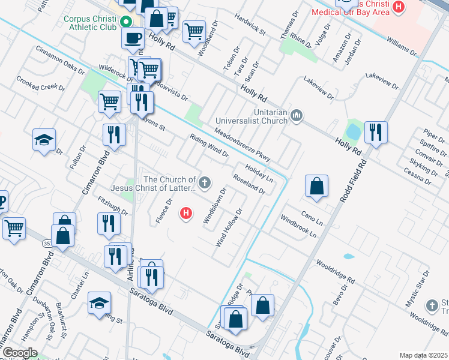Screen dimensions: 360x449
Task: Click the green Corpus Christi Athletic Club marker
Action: coord(126,23)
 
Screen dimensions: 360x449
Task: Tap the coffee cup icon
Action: coord(133,38)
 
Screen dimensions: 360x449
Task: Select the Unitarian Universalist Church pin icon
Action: coord(295,115)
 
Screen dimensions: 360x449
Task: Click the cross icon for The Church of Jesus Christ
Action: coord(205,182)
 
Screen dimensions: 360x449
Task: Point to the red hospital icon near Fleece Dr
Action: coord(187,212)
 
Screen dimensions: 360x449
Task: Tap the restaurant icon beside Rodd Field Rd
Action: coord(376,132)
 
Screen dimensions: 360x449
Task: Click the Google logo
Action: coord(20,353)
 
